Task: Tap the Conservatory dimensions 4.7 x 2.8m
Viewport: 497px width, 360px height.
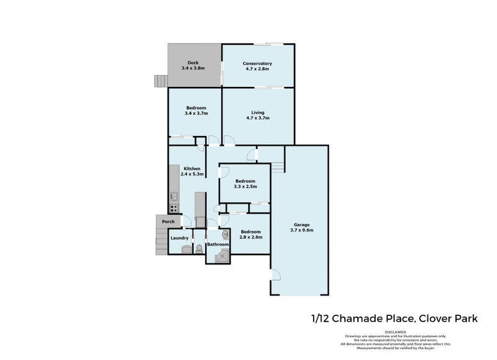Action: click(x=258, y=70)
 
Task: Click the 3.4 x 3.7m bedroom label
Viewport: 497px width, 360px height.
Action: click(x=196, y=114)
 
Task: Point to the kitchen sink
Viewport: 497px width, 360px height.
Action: click(x=175, y=197)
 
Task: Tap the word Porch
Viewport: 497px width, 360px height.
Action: click(x=168, y=222)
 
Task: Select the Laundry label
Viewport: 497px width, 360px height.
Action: click(x=180, y=238)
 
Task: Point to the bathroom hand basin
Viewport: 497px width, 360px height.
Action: click(x=225, y=235)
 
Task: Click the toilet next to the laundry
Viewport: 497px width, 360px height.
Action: click(x=199, y=248)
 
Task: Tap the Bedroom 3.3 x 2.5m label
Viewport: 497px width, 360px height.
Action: click(x=245, y=184)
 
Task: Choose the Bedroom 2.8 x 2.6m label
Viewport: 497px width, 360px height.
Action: click(x=251, y=234)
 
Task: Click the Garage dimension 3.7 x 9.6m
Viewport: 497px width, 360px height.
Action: click(x=301, y=230)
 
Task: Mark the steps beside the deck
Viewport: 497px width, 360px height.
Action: click(x=162, y=81)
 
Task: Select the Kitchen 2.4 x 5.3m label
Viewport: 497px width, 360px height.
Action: click(x=191, y=171)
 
